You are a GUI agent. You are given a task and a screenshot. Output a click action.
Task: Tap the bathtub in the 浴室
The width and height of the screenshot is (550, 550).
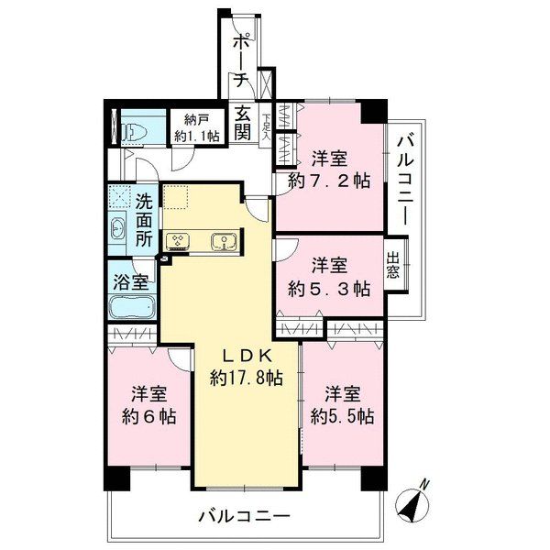(133, 307)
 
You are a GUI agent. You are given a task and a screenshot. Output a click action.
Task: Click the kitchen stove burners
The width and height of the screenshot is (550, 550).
(178, 242)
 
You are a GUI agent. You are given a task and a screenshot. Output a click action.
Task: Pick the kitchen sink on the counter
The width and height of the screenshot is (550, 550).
(224, 242)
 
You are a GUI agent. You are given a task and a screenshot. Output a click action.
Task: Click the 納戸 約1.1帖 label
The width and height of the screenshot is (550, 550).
(196, 127)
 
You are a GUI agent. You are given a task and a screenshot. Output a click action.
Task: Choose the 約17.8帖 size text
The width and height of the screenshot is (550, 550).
(247, 378)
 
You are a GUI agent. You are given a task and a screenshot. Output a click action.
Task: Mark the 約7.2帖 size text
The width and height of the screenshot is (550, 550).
(329, 181)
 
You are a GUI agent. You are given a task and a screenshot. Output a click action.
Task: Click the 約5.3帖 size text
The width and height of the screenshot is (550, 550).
(329, 289)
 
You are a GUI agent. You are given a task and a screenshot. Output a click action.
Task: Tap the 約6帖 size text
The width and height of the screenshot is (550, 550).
(149, 417)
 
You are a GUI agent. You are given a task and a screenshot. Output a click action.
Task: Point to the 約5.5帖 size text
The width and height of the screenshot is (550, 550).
(342, 417)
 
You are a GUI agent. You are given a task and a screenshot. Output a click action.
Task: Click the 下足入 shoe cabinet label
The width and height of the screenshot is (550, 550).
(267, 127)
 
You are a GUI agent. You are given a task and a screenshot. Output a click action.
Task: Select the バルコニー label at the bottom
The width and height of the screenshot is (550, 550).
(245, 516)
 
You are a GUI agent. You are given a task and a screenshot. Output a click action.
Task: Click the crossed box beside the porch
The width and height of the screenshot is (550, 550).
(265, 83)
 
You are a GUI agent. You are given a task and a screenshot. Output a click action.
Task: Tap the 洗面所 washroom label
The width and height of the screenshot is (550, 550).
(144, 220)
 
